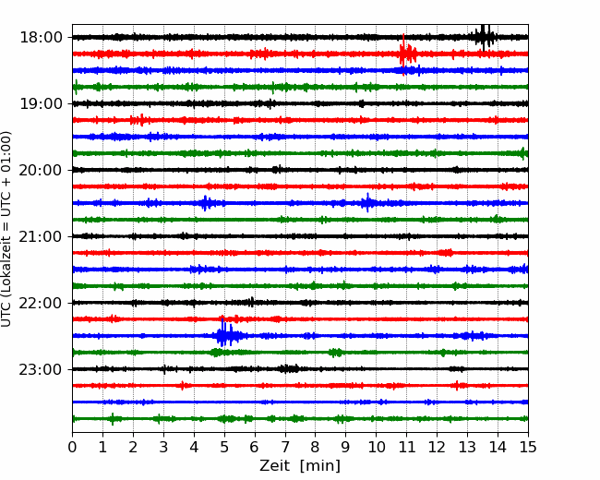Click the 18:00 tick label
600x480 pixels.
pos(41,38)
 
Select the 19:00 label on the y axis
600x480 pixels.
pos(41,103)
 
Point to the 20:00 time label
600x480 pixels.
pos(41,170)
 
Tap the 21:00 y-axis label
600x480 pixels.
pos(41,236)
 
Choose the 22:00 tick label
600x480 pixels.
pos(41,303)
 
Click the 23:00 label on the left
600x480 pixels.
pos(41,369)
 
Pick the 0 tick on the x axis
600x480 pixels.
pos(72,447)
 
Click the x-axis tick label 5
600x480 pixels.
pos(224,447)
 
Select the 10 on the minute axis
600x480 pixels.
pos(376,447)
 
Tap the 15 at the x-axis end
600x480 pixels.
pos(528,447)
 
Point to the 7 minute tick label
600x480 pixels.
pos(285,447)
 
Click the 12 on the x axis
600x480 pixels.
pos(437,447)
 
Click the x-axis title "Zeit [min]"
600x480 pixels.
pos(300,466)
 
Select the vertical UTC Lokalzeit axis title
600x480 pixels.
pos(6,229)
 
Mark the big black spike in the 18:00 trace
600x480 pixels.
pos(484,37)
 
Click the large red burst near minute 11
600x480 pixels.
pos(406,54)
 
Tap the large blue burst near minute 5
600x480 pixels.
pos(226,335)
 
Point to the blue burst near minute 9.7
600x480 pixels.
pos(368,202)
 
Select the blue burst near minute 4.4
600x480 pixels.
pos(206,203)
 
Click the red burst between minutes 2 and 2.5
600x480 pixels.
pos(138,120)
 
